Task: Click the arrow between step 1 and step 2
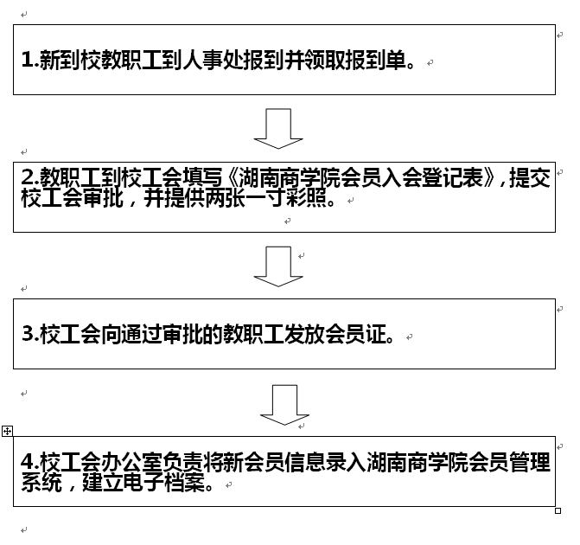(x=278, y=129)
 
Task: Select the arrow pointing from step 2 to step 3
(x=278, y=266)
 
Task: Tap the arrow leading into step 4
(x=284, y=405)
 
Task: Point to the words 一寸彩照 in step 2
(x=297, y=199)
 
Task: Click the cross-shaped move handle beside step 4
(x=7, y=430)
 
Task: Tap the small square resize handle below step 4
(x=558, y=510)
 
